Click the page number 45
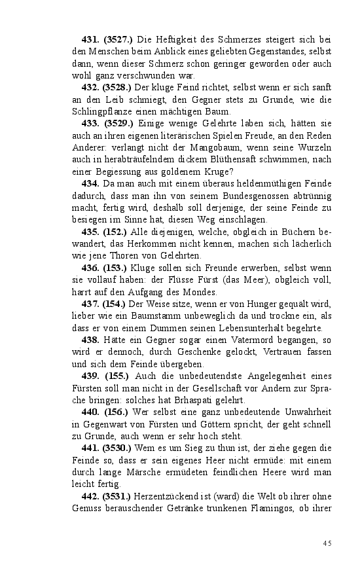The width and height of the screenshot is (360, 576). pyautogui.click(x=327, y=543)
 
